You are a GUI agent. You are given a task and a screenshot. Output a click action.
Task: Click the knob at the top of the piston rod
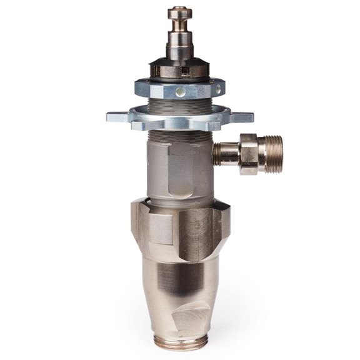pyautogui.click(x=180, y=13)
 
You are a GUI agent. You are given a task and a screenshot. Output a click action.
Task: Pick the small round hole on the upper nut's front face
pyautogui.click(x=181, y=92)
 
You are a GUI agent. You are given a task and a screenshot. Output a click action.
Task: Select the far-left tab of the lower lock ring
pyautogui.click(x=114, y=116)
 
